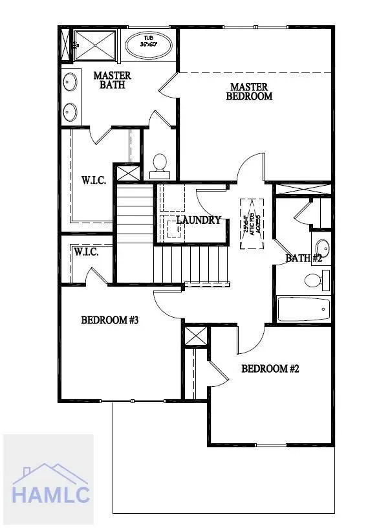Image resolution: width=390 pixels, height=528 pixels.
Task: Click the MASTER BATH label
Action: pyautogui.click(x=112, y=80)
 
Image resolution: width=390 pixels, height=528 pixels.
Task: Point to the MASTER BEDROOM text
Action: pyautogui.click(x=249, y=91)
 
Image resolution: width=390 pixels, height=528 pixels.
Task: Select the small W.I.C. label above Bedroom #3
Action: pyautogui.click(x=86, y=251)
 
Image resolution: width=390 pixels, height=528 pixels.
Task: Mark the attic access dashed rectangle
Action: pyautogui.click(x=252, y=224)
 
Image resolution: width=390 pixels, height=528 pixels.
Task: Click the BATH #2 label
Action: pyautogui.click(x=304, y=258)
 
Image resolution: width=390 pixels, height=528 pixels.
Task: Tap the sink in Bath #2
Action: pyautogui.click(x=321, y=248)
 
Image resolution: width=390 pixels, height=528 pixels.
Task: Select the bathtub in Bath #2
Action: pyautogui.click(x=303, y=309)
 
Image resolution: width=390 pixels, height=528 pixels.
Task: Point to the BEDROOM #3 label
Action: pyautogui.click(x=110, y=320)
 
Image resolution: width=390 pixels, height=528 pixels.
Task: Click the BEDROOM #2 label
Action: pyautogui.click(x=270, y=369)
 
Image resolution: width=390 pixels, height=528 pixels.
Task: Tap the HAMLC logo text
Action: pyautogui.click(x=50, y=496)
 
